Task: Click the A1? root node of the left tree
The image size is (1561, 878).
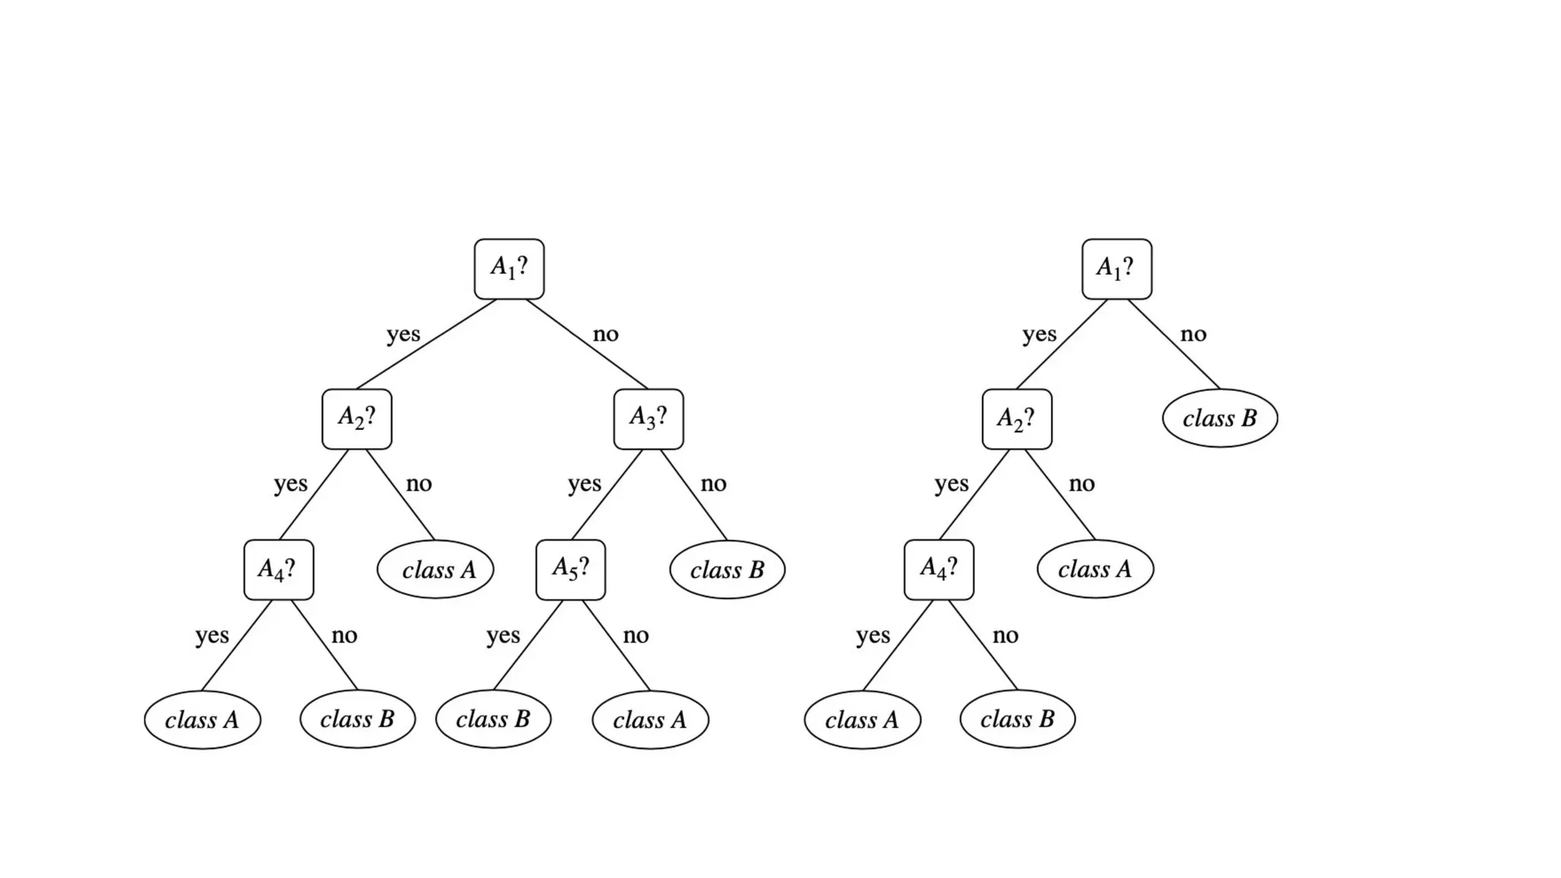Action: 509,268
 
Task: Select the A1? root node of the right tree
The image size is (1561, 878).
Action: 1117,268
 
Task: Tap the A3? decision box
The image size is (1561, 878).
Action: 649,418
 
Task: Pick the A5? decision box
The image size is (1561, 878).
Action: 571,569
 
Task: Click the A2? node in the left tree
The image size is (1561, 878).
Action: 357,418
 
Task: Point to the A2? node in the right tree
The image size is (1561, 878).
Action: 1017,418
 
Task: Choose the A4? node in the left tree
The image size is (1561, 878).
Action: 278,569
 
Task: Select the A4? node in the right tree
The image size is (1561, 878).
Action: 939,569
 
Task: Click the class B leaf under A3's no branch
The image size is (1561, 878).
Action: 727,569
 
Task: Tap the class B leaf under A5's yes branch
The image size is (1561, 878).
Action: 493,719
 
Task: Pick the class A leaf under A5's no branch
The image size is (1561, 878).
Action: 650,719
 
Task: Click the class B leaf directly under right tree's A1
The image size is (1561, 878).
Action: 1220,418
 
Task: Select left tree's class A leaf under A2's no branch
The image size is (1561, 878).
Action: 435,569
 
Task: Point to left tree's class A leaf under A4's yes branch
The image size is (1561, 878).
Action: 202,719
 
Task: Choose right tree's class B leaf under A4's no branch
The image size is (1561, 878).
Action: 1018,719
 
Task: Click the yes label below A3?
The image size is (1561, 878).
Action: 585,483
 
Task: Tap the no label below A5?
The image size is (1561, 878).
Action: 636,635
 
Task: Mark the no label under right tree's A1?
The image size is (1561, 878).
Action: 1193,334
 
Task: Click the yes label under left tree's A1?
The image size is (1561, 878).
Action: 403,334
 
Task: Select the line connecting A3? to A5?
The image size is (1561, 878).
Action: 607,494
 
